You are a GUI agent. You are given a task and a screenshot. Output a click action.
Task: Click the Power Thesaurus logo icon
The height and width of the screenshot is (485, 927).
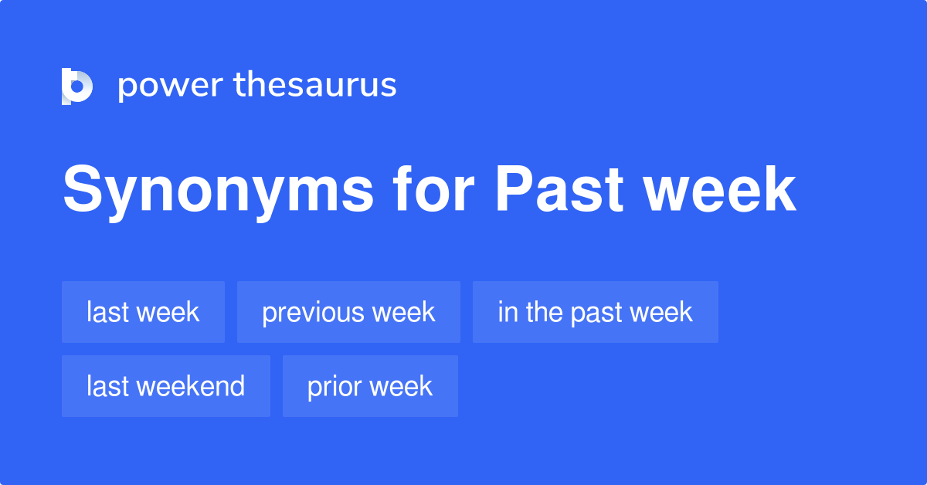pos(77,86)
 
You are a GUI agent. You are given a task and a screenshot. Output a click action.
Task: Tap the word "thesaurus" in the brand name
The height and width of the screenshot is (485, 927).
pos(315,86)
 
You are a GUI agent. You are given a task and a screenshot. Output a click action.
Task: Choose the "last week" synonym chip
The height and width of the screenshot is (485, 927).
pos(143,312)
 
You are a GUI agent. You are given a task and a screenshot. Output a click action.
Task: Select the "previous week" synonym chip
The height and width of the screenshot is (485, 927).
pos(348,312)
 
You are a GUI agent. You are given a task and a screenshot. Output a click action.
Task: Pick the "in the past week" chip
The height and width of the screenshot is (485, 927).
pos(595,312)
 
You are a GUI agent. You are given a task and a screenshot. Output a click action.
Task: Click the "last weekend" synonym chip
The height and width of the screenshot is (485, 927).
pos(165,386)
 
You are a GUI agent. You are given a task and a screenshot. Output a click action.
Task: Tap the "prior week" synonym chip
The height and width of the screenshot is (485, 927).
pos(370,386)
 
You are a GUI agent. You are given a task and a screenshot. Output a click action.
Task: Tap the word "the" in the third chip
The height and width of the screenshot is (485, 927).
pos(545,312)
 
